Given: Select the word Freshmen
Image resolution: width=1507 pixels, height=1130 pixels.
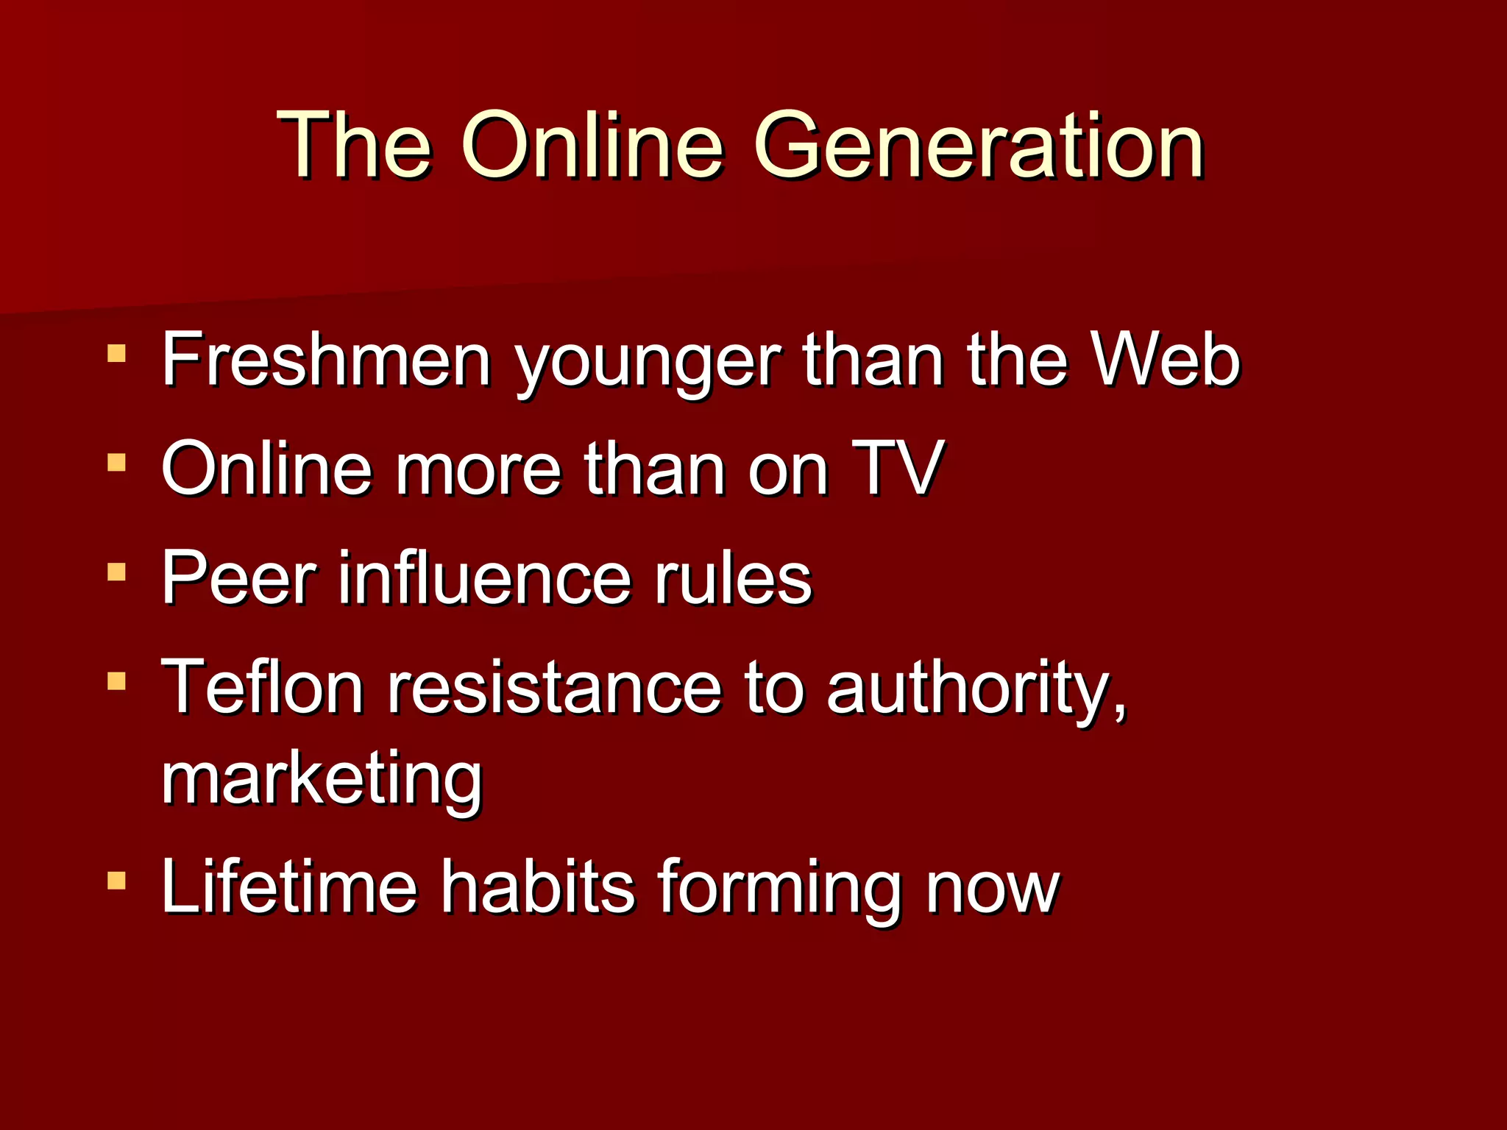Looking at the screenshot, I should click(326, 360).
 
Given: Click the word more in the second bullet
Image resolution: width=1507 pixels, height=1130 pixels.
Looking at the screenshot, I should click(478, 471).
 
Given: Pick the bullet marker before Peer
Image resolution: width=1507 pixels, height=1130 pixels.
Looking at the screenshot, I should click(116, 572).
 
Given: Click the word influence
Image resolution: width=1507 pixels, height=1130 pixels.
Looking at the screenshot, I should click(484, 578).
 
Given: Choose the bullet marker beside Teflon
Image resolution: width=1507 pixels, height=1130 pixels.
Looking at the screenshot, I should click(116, 681).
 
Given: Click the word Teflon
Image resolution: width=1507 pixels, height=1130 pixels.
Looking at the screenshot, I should click(262, 687).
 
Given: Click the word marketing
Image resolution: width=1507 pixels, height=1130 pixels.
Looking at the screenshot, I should click(322, 780).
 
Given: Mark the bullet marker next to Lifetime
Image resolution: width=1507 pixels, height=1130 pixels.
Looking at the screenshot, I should click(116, 880).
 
